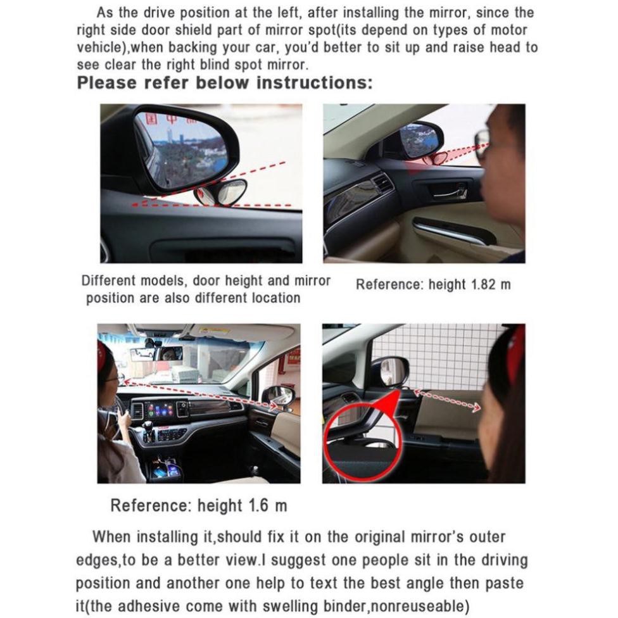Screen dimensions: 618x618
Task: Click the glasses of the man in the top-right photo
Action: pos(482,143)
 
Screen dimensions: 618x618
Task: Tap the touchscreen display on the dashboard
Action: pos(160,410)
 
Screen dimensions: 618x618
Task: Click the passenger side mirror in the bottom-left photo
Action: pos(277,396)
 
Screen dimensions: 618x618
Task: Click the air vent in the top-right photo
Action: pos(382,182)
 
